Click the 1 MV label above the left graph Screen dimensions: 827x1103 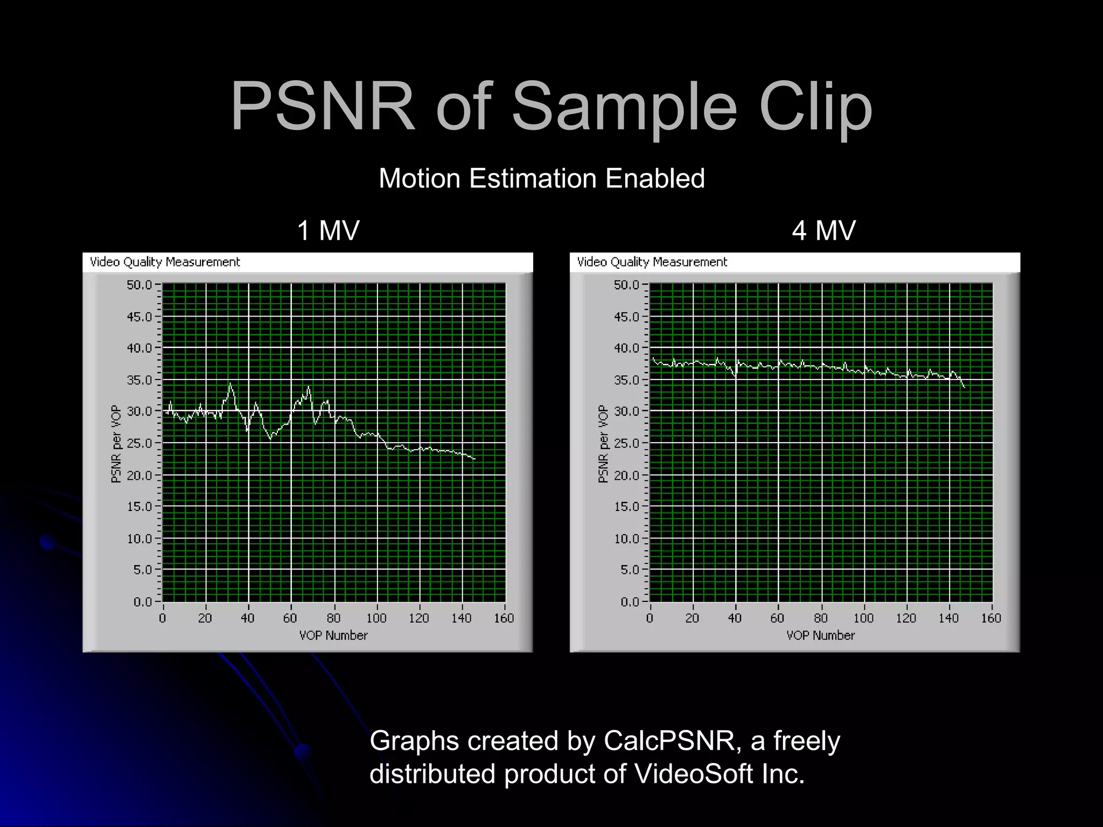coord(328,230)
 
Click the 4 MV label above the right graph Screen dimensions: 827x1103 coord(823,230)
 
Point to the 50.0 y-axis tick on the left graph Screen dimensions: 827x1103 coord(140,285)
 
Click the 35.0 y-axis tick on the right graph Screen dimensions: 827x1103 coord(627,380)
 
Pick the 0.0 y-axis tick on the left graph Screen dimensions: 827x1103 coord(143,602)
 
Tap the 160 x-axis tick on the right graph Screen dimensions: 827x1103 coord(991,619)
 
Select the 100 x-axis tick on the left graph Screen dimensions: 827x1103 coord(376,619)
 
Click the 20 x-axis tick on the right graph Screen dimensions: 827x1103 coord(692,619)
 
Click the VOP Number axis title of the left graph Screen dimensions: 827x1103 coord(333,636)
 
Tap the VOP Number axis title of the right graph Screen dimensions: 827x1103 coord(820,636)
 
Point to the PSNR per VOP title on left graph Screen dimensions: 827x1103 coord(116,444)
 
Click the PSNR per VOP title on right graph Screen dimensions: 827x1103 coord(603,444)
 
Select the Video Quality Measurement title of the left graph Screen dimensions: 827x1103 coord(165,262)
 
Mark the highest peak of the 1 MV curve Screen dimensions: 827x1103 coord(231,383)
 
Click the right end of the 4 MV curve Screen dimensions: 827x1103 coord(964,387)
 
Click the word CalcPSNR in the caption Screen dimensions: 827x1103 coord(669,741)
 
